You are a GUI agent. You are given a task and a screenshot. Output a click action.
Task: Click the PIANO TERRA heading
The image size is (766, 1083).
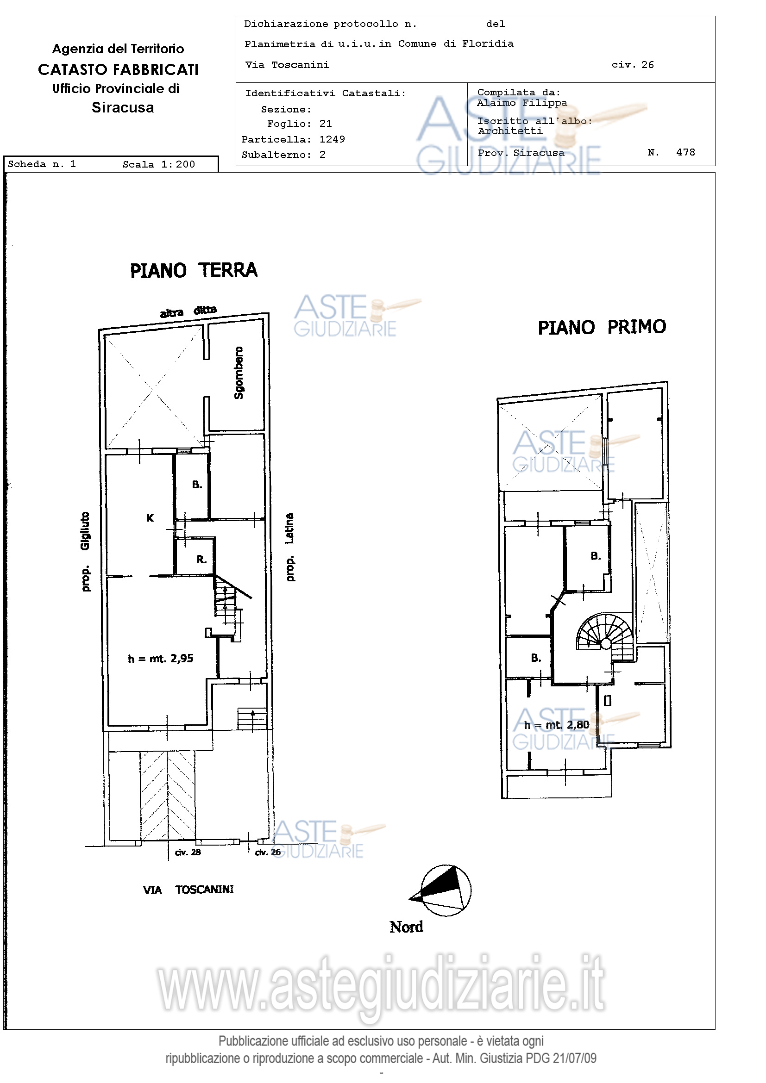194,270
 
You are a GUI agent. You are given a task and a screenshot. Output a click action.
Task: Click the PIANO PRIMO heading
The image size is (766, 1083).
602,327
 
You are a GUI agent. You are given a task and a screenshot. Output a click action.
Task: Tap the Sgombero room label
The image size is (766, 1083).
239,373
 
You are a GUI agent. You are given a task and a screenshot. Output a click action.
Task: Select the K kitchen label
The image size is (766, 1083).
150,517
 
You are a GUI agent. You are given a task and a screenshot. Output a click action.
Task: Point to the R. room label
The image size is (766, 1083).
201,559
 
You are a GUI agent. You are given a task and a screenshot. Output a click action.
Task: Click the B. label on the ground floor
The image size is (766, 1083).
197,485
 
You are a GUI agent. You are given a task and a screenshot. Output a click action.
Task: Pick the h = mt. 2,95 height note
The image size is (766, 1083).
160,659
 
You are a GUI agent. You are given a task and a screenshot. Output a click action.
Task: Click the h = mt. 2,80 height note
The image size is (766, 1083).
557,724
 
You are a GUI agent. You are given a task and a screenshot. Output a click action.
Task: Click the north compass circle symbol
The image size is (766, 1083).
446,890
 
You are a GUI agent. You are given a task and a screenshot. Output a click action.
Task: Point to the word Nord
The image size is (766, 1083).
406,927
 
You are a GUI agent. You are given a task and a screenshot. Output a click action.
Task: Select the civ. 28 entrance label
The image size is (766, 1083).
188,853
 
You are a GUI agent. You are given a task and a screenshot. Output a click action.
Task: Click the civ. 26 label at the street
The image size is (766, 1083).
268,853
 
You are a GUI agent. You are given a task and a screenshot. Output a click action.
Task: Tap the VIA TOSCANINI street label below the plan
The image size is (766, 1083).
188,890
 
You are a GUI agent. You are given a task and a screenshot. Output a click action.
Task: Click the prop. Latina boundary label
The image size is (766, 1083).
290,547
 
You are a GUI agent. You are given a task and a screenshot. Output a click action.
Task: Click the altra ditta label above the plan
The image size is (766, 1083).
188,311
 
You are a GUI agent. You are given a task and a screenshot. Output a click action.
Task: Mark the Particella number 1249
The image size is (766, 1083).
332,139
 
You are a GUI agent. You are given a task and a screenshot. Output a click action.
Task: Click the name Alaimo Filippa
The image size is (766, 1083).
522,103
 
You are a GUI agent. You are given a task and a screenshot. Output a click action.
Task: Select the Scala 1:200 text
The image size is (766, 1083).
158,164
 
